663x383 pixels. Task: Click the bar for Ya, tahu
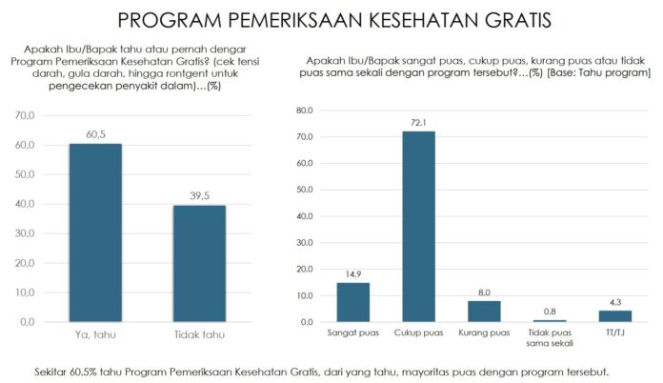point(95,232)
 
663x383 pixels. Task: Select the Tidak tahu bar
point(199,263)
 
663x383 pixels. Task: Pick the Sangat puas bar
point(352,302)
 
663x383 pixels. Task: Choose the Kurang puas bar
point(484,312)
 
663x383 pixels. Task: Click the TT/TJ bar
point(614,316)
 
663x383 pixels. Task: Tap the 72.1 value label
point(418,123)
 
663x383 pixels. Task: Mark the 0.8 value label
point(549,312)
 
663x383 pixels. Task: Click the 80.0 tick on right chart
point(305,111)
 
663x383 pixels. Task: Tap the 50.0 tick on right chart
point(305,190)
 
